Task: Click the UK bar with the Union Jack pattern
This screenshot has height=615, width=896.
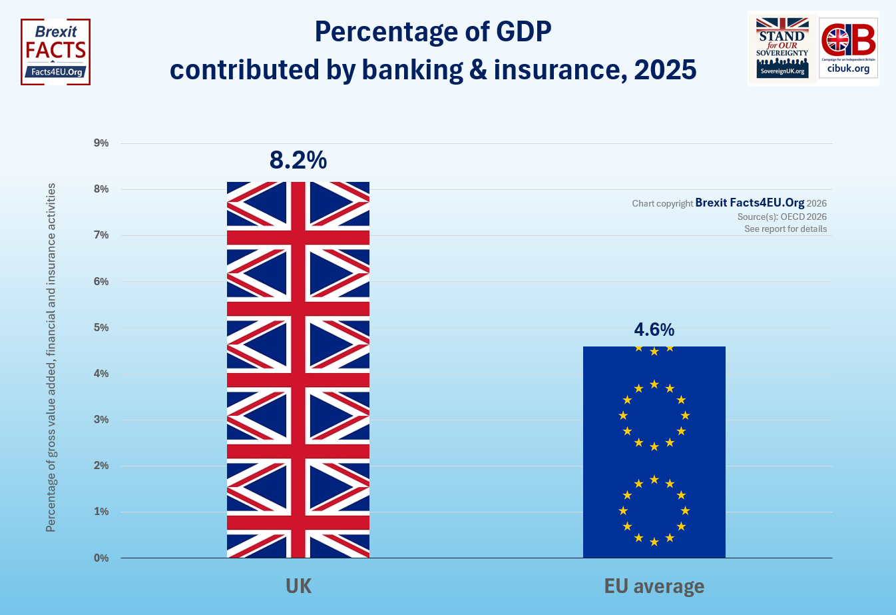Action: (x=298, y=370)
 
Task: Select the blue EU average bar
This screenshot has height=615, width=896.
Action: (x=654, y=452)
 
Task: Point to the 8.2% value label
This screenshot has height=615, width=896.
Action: (x=298, y=160)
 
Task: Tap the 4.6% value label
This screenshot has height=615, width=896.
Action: (x=654, y=330)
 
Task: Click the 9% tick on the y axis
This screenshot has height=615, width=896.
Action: (x=101, y=143)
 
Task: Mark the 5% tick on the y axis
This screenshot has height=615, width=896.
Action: (x=101, y=328)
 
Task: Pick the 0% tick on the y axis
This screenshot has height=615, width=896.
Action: (x=101, y=558)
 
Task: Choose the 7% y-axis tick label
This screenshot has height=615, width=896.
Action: (x=101, y=235)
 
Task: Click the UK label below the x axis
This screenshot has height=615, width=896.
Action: (x=298, y=586)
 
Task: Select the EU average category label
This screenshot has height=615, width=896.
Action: (x=654, y=586)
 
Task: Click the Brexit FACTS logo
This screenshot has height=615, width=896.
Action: (x=56, y=52)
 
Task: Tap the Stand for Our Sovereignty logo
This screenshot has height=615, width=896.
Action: (x=782, y=48)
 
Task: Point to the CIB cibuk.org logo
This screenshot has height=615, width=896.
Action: (x=848, y=48)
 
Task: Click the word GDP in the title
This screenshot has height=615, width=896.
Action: (x=524, y=31)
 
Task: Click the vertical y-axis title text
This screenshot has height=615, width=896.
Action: (x=51, y=358)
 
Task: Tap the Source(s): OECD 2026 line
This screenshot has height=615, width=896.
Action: (x=782, y=217)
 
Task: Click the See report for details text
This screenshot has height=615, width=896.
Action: (x=785, y=229)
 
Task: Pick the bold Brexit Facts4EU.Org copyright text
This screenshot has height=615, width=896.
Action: (x=750, y=203)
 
